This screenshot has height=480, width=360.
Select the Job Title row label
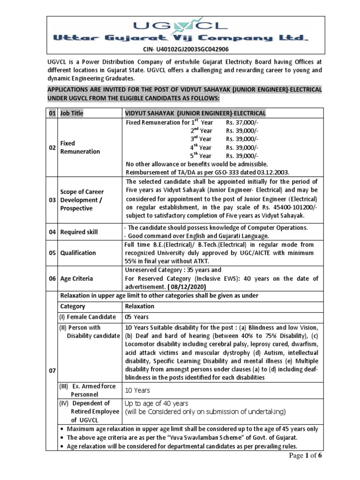(71, 113)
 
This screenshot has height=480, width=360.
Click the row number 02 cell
(52, 148)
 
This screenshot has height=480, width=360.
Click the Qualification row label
(78, 253)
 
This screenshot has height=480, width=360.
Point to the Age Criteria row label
(76, 278)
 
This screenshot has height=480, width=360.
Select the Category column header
(72, 306)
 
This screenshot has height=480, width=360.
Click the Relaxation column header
(139, 306)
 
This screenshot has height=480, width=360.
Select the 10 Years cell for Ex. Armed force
(137, 390)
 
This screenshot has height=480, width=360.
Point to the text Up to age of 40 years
(156, 403)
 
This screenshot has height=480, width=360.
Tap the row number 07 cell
(52, 370)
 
